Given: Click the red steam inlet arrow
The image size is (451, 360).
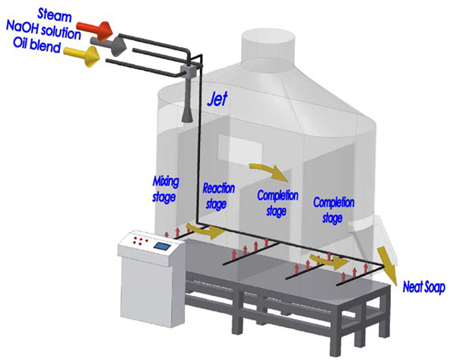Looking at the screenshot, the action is click(95, 30).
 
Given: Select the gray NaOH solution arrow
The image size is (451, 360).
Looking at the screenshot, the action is click(108, 45).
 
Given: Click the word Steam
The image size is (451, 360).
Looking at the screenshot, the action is click(54, 15).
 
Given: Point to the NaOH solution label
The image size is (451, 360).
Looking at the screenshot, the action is click(43, 30).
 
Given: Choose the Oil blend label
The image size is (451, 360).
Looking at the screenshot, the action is click(37, 46).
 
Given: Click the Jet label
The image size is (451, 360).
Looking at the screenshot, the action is click(218, 99).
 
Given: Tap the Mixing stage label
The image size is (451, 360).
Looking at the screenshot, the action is click(165, 190).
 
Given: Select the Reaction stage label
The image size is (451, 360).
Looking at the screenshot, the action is click(219, 196).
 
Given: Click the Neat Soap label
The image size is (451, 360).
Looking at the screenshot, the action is click(424, 287).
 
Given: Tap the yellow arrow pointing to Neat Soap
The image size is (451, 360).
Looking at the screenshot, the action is click(387, 265).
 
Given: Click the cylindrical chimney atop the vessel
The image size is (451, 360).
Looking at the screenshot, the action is click(268, 46).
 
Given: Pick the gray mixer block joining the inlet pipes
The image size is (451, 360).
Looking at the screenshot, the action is click(189, 71).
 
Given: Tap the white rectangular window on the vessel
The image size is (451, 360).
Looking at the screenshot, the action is click(240, 148).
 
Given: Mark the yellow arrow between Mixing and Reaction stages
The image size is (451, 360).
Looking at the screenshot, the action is click(206, 230).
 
